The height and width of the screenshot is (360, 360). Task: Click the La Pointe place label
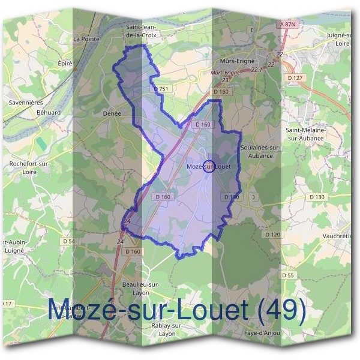click(85, 38)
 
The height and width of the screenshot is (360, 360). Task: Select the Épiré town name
click(65, 63)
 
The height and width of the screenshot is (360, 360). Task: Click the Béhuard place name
click(49, 112)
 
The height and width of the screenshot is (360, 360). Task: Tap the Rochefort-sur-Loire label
click(29, 167)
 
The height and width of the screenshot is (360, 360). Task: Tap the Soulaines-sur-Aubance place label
click(256, 151)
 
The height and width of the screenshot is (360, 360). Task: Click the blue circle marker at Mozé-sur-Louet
click(209, 167)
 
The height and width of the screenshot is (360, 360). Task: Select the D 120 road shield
click(272, 234)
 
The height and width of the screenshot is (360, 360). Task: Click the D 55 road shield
click(287, 275)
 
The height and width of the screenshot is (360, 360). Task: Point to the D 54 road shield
click(68, 241)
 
